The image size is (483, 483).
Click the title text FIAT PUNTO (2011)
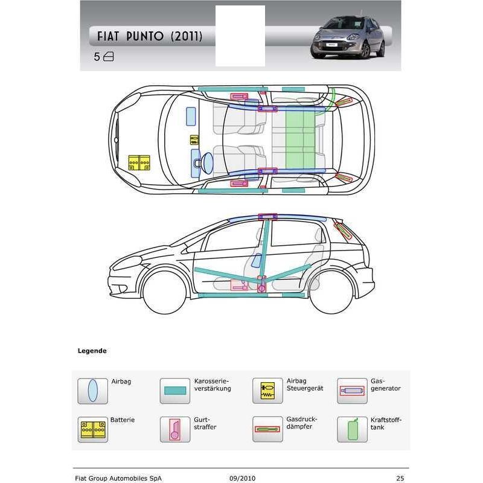tap(150, 36)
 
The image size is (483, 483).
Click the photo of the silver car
tap(348, 37)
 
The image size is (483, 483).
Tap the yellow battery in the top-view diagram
tap(139, 162)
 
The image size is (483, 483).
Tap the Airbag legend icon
tap(93, 391)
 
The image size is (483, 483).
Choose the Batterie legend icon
tap(93, 429)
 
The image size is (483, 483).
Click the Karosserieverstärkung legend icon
tap(175, 391)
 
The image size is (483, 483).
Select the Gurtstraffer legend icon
tap(175, 429)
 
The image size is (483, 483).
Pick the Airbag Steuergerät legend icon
tap(267, 391)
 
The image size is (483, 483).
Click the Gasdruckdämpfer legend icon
tap(267, 429)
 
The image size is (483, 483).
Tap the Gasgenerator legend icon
tap(352, 391)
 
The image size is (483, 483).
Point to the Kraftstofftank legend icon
tap(352, 429)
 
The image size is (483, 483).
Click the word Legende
tap(92, 351)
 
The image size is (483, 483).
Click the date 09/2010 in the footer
tap(243, 478)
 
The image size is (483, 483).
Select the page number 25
tap(400, 478)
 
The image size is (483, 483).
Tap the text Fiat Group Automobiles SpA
tap(118, 478)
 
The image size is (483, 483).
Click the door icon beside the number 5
tap(109, 57)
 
